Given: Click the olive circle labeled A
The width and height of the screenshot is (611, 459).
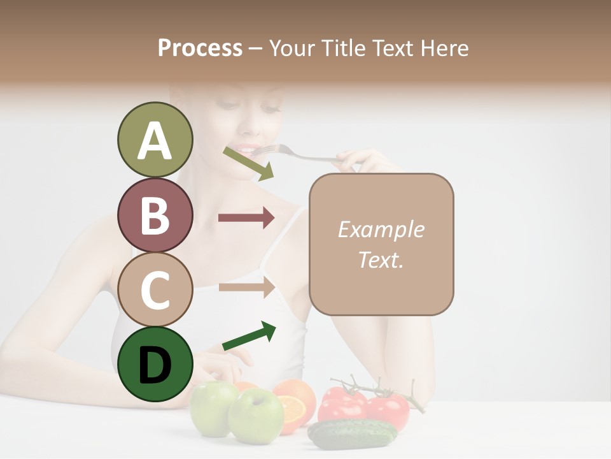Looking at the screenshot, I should coord(155,140).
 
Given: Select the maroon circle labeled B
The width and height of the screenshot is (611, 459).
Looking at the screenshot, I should coord(155,215).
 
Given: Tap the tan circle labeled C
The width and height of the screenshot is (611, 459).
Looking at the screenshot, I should coord(155,289).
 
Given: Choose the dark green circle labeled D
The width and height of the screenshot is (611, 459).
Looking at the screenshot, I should coord(155,364).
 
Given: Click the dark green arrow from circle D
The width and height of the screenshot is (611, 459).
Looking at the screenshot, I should coord(249,337).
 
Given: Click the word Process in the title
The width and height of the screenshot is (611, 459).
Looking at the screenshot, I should coord(200,48).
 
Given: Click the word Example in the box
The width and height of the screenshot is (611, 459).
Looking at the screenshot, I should coord(381,229).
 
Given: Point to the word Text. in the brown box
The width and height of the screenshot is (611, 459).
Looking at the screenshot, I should coord(381,259).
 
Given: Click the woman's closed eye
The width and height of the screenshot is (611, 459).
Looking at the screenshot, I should coord(269,109).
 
